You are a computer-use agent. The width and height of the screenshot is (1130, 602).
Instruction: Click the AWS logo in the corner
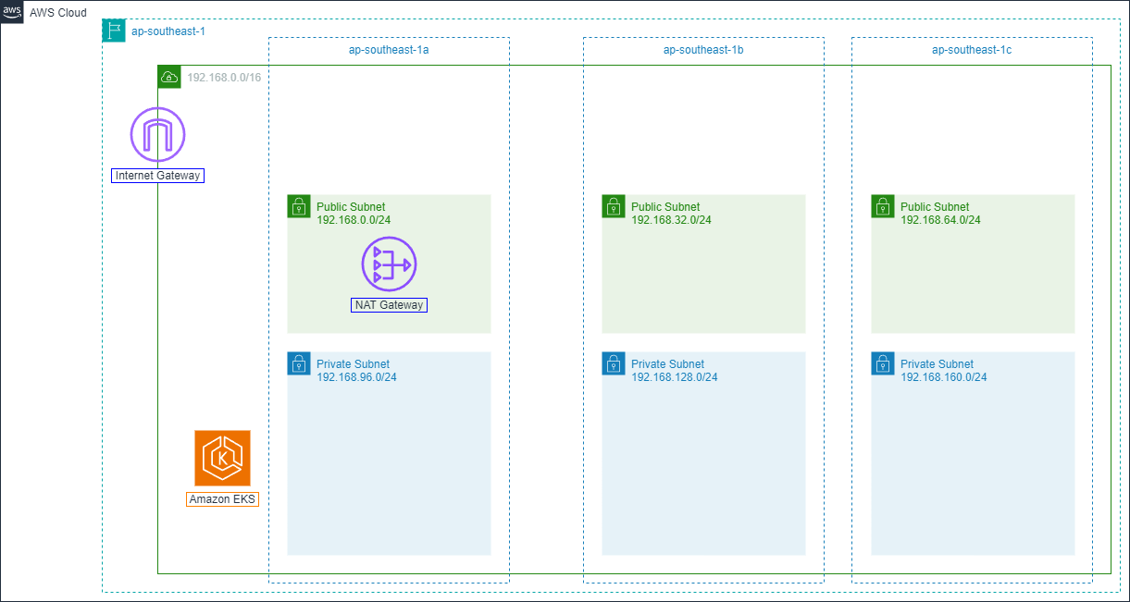[x=13, y=13]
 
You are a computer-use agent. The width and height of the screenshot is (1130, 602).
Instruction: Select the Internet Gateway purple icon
[x=158, y=135]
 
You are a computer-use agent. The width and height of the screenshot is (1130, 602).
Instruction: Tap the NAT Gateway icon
[x=389, y=264]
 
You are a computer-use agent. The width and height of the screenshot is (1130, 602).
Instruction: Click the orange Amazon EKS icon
[x=222, y=458]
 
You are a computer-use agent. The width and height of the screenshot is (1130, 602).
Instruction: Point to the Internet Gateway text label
[x=157, y=176]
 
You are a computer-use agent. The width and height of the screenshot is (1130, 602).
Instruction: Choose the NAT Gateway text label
[x=389, y=305]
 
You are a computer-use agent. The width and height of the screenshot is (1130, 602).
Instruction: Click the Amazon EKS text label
[x=222, y=499]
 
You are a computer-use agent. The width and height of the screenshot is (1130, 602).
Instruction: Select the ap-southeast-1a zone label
[x=389, y=50]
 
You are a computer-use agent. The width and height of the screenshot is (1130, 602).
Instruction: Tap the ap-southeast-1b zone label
[x=703, y=50]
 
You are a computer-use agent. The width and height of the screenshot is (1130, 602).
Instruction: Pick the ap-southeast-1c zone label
[x=972, y=50]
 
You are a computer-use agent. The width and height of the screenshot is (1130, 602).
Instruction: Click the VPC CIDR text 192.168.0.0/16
[x=224, y=78]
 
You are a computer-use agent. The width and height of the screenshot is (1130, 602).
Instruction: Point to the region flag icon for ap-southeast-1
[x=113, y=31]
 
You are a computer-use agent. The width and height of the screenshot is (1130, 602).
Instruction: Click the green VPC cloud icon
[x=169, y=77]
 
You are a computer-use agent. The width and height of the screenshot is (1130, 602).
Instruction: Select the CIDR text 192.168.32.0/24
[x=671, y=220]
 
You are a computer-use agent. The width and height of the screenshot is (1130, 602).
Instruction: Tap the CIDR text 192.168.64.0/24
[x=940, y=220]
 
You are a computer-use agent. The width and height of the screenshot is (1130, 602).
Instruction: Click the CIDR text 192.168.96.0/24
[x=356, y=377]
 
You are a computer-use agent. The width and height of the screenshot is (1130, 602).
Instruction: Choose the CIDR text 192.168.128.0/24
[x=675, y=377]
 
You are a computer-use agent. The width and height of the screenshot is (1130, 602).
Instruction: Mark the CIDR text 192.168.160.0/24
[x=944, y=377]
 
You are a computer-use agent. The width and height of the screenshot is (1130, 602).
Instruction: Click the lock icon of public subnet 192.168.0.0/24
[x=299, y=206]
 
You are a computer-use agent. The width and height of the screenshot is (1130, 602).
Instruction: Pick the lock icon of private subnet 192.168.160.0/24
[x=883, y=363]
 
